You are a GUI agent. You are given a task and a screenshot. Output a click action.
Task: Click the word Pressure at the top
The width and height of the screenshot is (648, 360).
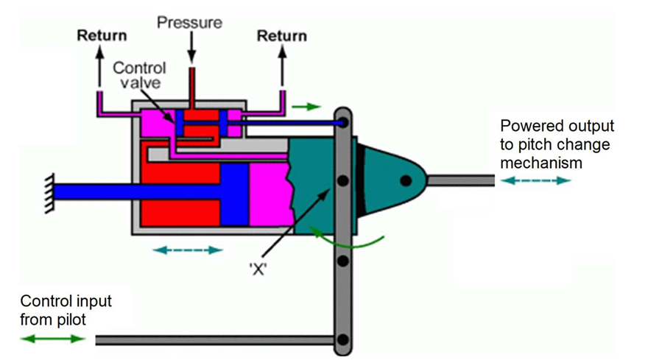189,22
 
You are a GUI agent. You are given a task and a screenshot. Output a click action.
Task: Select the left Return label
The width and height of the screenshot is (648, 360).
102,35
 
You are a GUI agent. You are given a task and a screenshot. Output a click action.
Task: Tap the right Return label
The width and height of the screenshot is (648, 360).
282,36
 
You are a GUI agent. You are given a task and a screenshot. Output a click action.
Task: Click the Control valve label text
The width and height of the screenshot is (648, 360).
139,75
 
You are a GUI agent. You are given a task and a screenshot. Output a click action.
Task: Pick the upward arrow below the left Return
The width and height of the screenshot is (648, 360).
99,66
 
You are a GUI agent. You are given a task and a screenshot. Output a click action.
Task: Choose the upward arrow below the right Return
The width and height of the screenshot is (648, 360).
282,66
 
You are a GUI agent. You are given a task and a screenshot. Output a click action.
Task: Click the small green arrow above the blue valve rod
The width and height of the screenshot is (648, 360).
306,107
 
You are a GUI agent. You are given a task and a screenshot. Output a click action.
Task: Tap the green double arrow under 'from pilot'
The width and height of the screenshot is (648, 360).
52,339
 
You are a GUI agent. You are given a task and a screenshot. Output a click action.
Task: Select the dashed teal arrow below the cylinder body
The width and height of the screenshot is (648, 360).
188,250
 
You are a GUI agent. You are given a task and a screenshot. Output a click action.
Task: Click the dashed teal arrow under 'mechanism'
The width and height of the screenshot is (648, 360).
535,180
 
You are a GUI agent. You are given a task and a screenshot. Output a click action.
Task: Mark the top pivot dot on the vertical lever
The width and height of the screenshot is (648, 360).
342,123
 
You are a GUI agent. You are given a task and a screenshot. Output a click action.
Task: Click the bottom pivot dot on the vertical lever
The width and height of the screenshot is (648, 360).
342,339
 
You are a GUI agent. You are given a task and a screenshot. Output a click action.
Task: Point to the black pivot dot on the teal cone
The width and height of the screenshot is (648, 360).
406,180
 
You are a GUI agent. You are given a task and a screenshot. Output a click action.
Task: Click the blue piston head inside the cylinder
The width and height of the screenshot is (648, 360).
234,194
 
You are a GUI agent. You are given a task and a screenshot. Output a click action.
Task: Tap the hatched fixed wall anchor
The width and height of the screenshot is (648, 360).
49,194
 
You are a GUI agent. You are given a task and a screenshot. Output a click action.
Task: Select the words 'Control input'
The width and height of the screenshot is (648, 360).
66,301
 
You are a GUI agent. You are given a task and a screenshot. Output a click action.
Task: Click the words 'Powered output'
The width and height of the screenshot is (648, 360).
557,126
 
